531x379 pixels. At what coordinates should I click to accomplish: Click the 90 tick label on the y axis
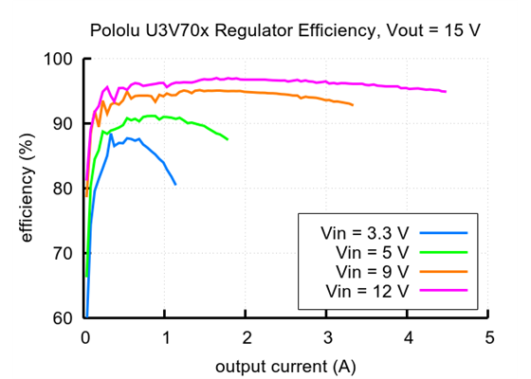click(x=64, y=124)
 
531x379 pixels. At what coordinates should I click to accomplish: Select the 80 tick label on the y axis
click(x=64, y=189)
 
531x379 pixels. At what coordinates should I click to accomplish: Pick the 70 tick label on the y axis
click(x=64, y=253)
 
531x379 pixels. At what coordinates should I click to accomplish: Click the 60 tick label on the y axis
click(x=64, y=317)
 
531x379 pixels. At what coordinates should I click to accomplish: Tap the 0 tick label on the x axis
click(x=85, y=337)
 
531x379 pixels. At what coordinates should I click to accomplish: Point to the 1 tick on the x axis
click(x=166, y=337)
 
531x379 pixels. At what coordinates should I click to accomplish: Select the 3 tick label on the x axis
click(x=327, y=337)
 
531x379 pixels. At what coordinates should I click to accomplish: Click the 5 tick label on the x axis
click(x=488, y=337)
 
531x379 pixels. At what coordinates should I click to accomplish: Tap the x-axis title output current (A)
click(x=286, y=366)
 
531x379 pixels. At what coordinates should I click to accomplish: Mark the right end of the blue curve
click(x=175, y=184)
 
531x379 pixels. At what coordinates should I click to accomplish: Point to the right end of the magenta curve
click(x=446, y=92)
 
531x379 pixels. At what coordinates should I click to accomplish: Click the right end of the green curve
click(x=228, y=139)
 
